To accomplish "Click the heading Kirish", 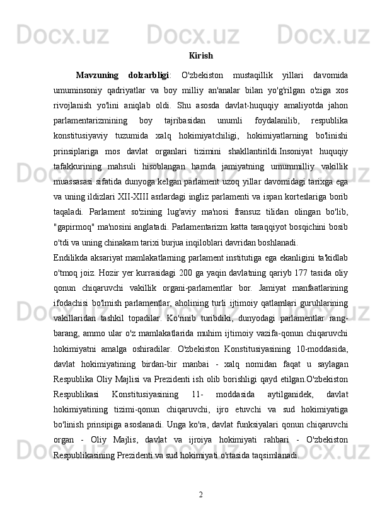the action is click(200, 56).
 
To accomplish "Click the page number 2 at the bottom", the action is click(200, 493).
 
